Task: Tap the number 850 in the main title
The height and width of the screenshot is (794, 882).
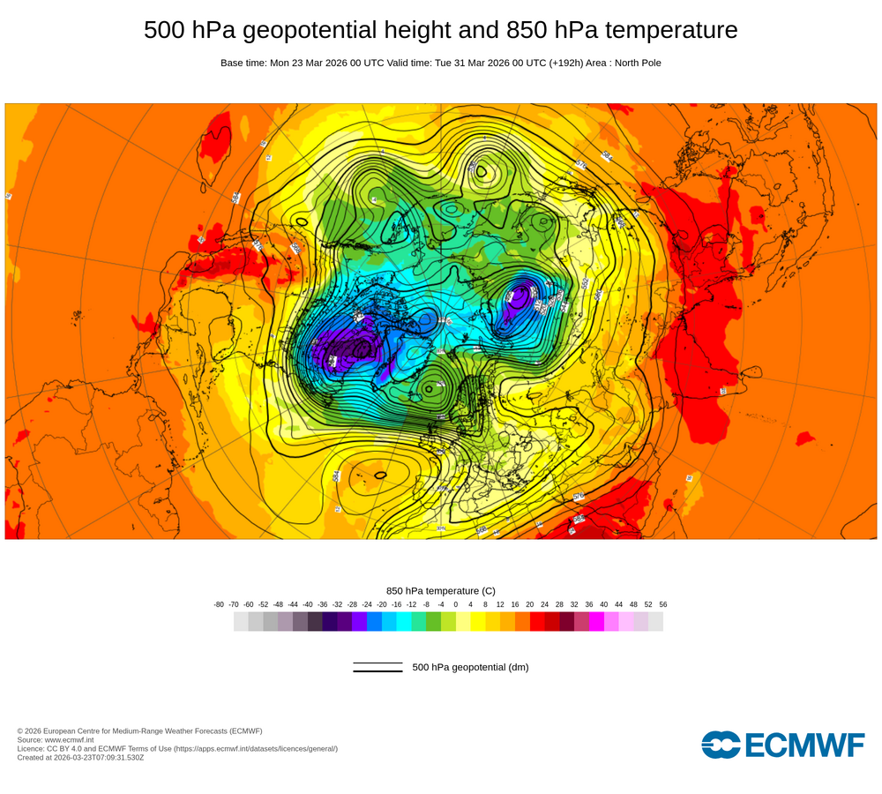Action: tap(527, 31)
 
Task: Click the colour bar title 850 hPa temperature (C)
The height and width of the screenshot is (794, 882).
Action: tap(441, 591)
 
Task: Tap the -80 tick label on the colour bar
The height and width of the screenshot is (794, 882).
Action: tap(219, 604)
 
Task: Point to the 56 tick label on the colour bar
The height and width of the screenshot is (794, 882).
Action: tap(662, 604)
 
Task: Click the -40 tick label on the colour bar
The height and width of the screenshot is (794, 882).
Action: tap(308, 604)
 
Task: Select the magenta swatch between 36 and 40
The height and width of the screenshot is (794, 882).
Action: tap(596, 622)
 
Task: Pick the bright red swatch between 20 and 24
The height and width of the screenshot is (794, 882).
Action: tap(537, 622)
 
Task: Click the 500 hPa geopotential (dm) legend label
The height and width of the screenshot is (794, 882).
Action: tap(470, 667)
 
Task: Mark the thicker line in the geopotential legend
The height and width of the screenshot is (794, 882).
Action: tap(377, 671)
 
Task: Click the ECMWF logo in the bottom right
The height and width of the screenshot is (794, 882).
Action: tap(782, 745)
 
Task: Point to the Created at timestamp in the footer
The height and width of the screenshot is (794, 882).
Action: tap(80, 757)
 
